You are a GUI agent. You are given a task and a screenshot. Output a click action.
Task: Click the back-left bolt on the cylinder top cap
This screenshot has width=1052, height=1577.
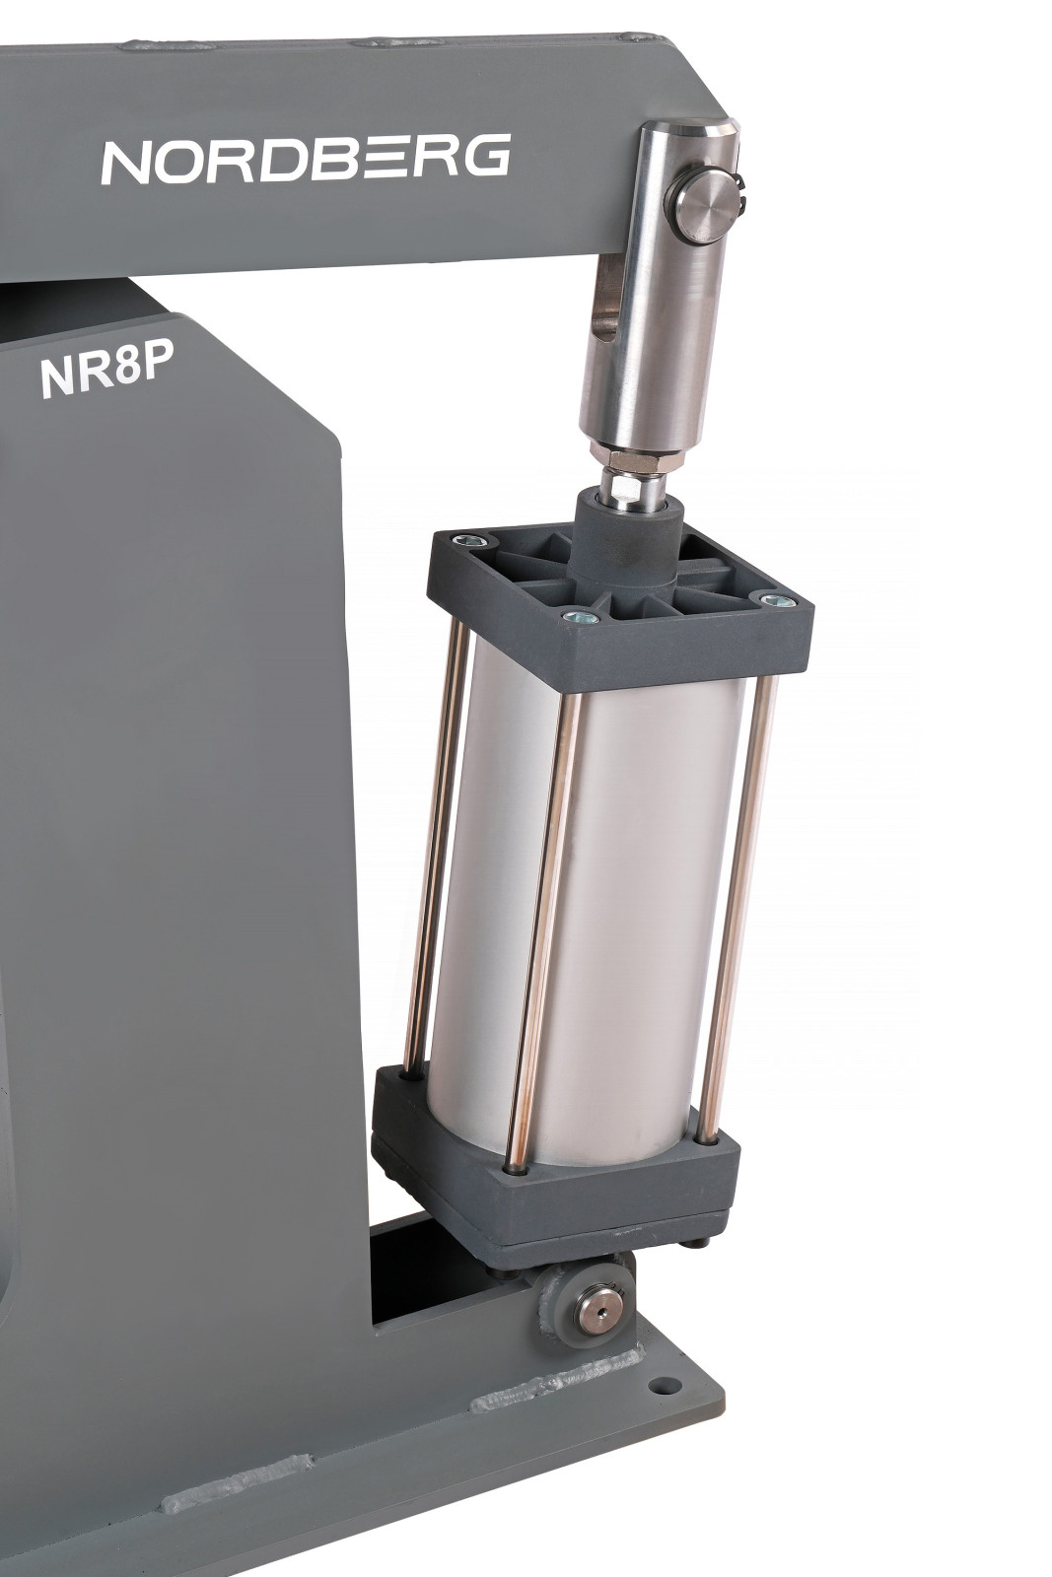tap(467, 541)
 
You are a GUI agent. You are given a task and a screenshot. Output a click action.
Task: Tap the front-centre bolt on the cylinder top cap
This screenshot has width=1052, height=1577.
tap(581, 617)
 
